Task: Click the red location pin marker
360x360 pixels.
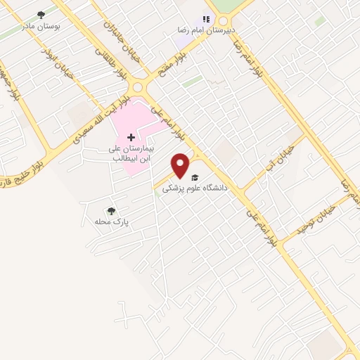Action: coord(181,165)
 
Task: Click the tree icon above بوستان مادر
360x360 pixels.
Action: coord(41,13)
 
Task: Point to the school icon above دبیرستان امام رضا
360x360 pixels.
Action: coord(206,20)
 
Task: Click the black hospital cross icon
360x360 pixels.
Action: coord(131,137)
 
